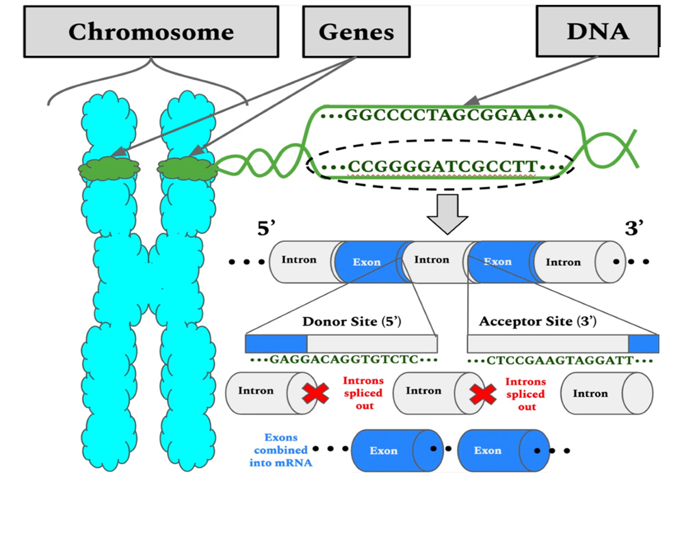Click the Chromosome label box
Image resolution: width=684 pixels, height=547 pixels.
[150, 31]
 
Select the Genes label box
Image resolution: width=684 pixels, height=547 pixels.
[356, 31]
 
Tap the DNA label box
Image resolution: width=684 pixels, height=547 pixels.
[598, 31]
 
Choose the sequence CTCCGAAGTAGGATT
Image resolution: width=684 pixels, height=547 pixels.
[560, 360]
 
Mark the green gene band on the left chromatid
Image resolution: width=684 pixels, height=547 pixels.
[109, 168]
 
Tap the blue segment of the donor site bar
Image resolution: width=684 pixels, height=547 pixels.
[276, 343]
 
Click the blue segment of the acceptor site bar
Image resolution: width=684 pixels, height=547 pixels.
[644, 343]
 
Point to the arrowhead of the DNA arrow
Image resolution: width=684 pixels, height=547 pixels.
[473, 101]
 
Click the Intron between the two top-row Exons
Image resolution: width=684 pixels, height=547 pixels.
[432, 261]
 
